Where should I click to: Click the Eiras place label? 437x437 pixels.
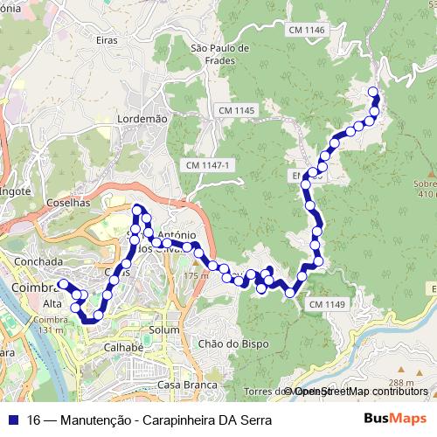tap(107, 40)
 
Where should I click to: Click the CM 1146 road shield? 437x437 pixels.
tap(305, 30)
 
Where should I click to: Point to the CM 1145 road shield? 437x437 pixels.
tap(237, 110)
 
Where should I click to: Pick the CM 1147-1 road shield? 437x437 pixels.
tap(207, 165)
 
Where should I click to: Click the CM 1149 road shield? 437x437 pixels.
tap(327, 304)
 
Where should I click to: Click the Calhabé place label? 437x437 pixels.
tap(123, 347)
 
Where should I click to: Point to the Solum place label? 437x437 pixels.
tap(164, 329)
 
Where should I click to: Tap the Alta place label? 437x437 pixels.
tap(52, 303)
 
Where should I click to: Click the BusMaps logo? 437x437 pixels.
tap(395, 420)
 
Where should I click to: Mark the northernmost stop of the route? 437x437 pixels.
tap(372, 92)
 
